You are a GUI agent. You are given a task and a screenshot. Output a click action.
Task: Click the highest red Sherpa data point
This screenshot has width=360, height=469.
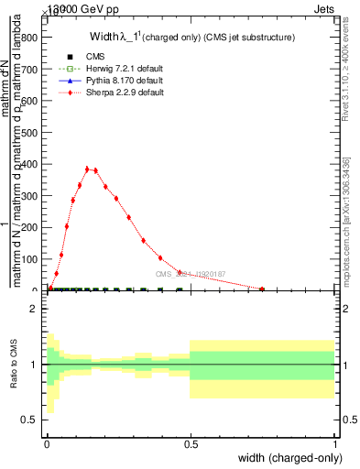[88, 169]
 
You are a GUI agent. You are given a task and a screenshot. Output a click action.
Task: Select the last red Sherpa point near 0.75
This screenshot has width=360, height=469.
[262, 289]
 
